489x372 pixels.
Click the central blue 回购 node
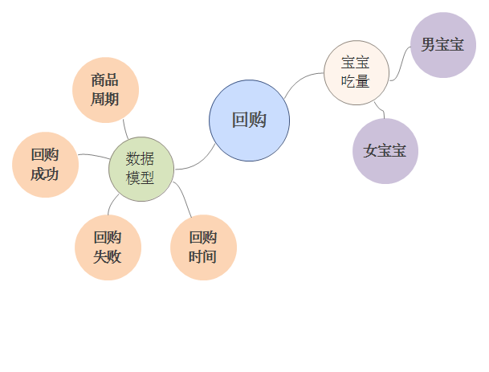[249, 121]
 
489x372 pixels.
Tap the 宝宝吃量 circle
[356, 72]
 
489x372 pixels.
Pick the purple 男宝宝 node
[443, 45]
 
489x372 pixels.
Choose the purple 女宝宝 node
[385, 151]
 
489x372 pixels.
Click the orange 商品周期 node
[105, 90]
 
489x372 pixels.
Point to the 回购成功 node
[45, 164]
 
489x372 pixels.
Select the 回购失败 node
[108, 247]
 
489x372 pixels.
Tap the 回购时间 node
[203, 247]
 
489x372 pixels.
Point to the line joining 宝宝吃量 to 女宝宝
[381, 112]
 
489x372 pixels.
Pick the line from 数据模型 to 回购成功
[93, 155]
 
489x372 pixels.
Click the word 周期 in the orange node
[105, 100]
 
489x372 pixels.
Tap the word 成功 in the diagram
[45, 174]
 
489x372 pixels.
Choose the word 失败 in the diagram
[108, 257]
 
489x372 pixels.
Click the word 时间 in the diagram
[203, 257]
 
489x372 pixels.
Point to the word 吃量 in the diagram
[356, 81]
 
